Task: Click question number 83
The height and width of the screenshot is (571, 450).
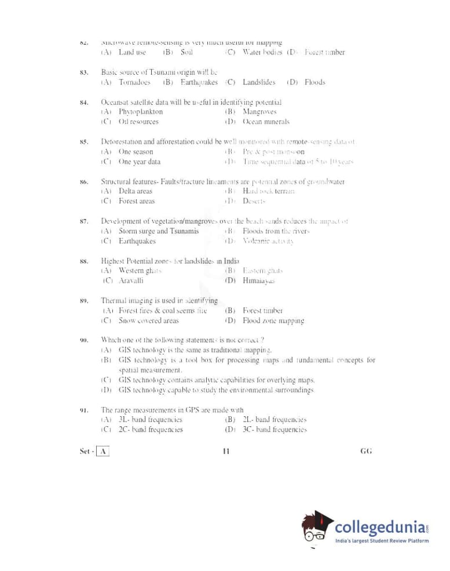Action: pyautogui.click(x=84, y=72)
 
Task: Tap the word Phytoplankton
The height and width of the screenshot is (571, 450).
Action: pyautogui.click(x=141, y=112)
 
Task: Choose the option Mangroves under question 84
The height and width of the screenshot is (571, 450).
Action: pyautogui.click(x=259, y=112)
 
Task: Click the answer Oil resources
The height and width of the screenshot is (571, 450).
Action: pyautogui.click(x=138, y=122)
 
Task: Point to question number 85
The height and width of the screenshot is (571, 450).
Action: pyautogui.click(x=84, y=141)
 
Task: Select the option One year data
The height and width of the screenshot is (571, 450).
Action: pyautogui.click(x=140, y=162)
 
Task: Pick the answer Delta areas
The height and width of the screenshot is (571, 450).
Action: pyautogui.click(x=136, y=191)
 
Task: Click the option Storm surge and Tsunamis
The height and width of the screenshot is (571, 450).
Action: pyautogui.click(x=159, y=231)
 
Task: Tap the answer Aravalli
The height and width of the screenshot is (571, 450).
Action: pyautogui.click(x=131, y=281)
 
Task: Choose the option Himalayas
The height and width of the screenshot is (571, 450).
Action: pyautogui.click(x=258, y=281)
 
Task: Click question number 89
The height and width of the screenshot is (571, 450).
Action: pyautogui.click(x=84, y=301)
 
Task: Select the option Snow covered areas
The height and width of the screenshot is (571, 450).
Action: pyautogui.click(x=149, y=321)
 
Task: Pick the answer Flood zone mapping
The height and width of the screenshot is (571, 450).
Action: pyautogui.click(x=273, y=321)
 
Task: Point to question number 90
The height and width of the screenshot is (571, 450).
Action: pyautogui.click(x=84, y=340)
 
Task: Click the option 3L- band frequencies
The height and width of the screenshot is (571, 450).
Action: pyautogui.click(x=151, y=420)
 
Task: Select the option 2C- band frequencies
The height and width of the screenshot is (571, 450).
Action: pyautogui.click(x=151, y=430)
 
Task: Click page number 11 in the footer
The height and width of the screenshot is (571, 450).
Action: pyautogui.click(x=226, y=452)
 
